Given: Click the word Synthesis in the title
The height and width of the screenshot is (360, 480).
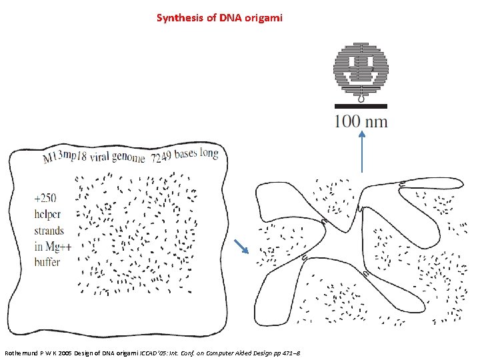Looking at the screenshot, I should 177,18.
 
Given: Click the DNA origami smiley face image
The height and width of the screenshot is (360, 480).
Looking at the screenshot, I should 361,72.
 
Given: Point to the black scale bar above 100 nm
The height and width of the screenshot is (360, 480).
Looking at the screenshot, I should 361,106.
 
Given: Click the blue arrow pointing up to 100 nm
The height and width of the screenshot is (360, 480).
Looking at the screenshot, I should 361,151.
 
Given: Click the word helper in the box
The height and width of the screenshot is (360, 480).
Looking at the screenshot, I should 47,214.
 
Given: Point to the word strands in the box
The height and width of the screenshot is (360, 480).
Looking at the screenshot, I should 49,231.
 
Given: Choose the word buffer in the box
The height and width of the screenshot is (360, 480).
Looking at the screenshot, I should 47,263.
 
